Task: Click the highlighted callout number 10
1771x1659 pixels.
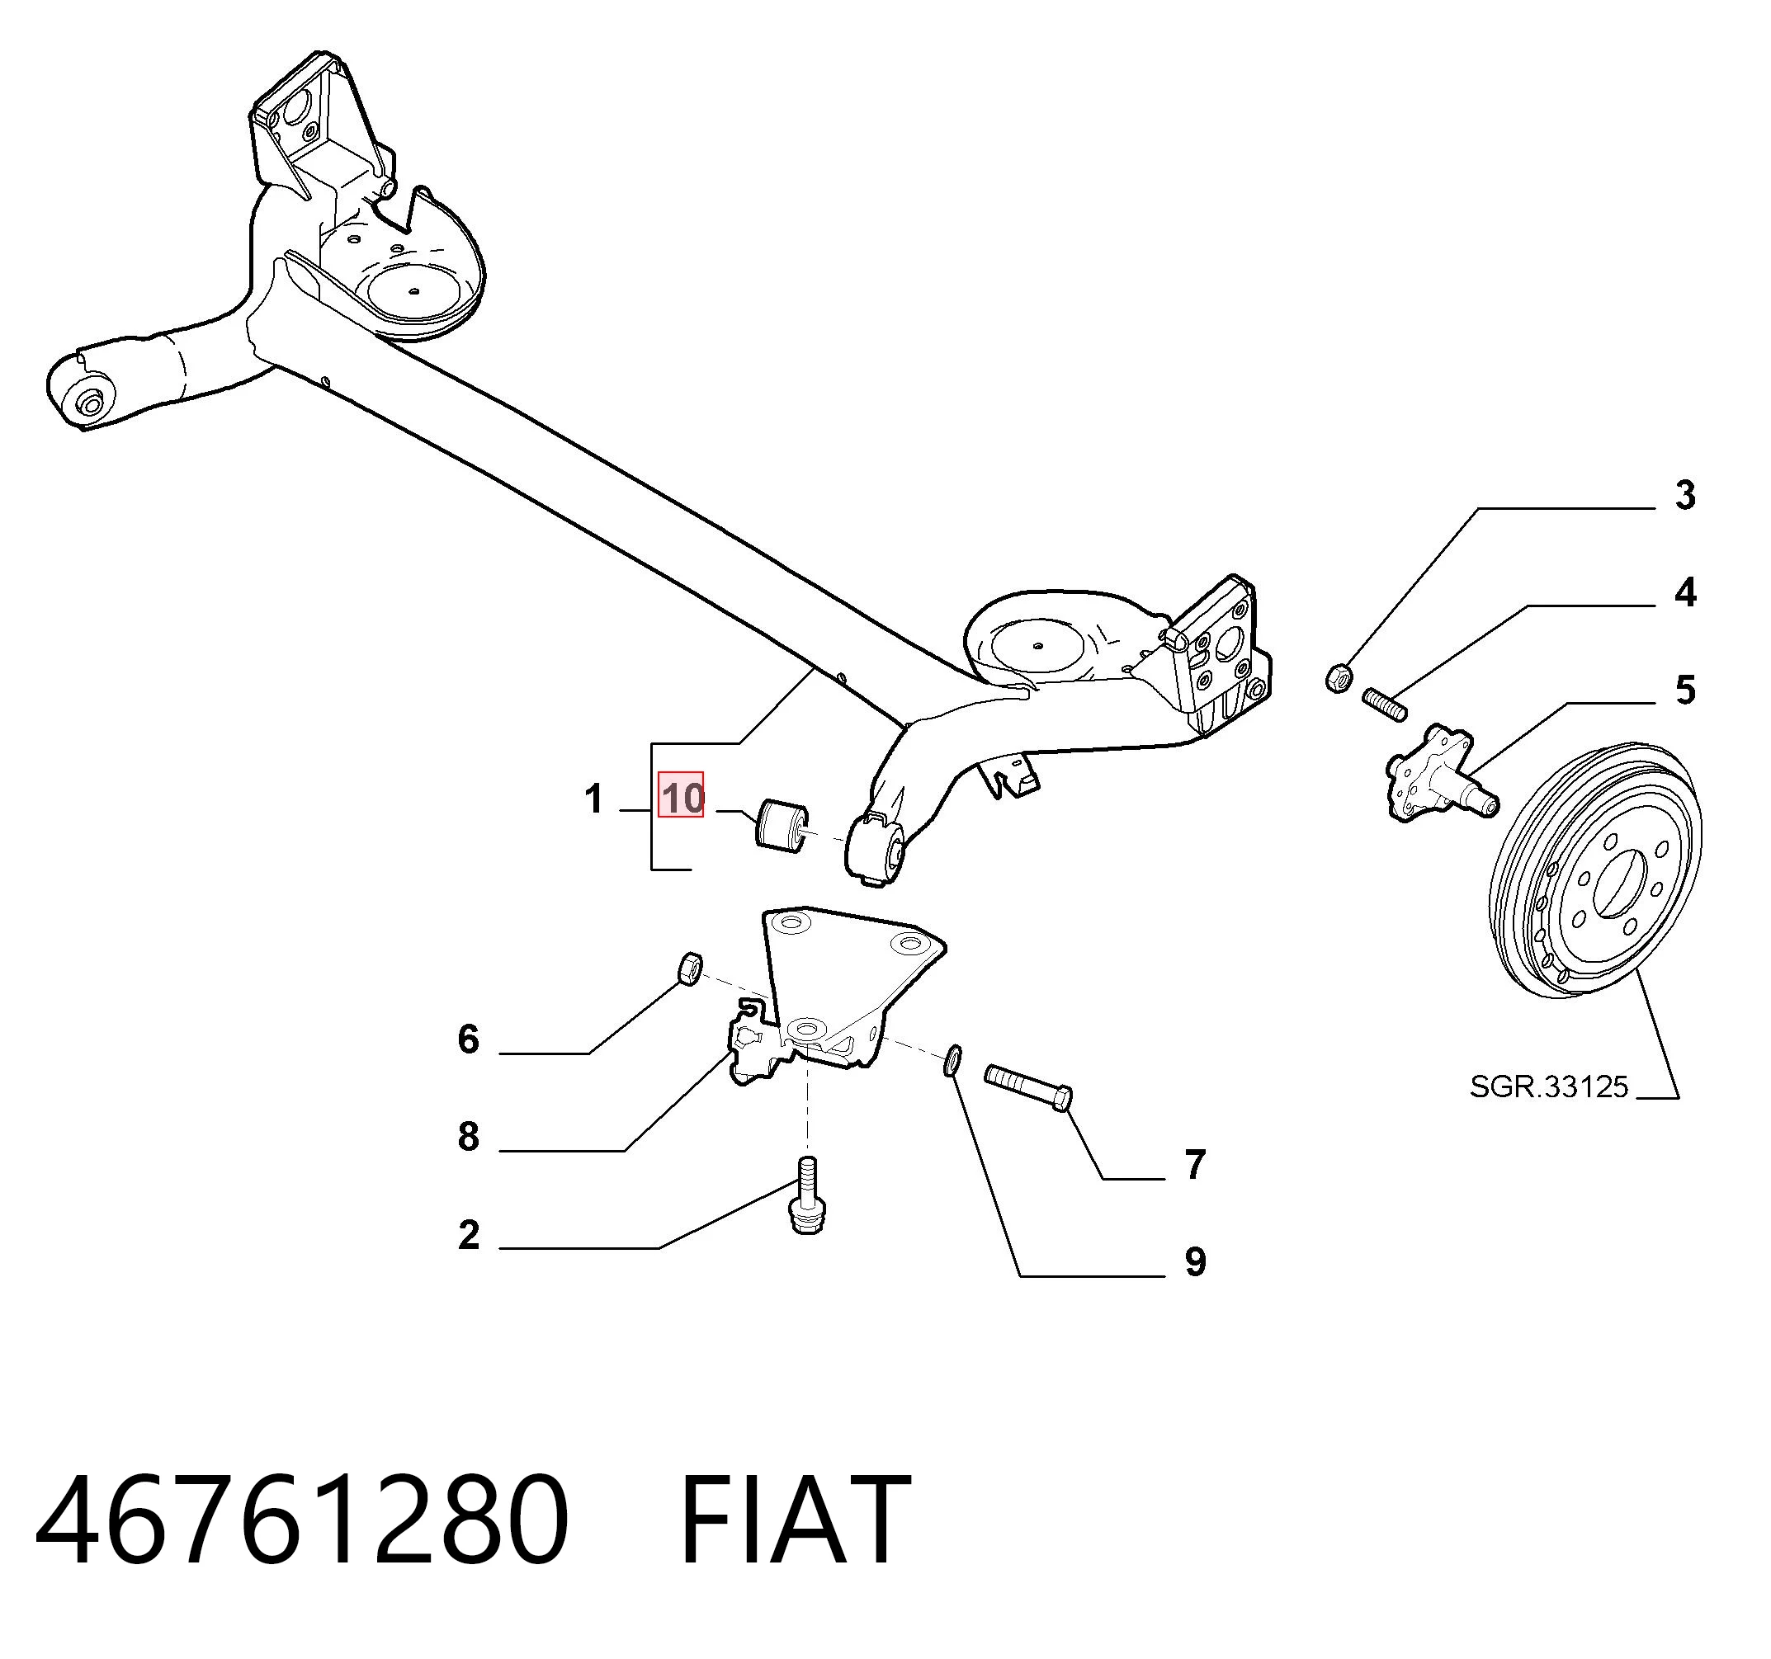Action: point(682,796)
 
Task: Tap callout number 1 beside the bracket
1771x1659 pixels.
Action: point(594,799)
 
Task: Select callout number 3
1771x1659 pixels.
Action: point(1684,495)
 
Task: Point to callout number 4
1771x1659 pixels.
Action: point(1684,592)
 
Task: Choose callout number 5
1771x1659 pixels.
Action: point(1684,690)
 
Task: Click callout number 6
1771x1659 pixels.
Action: point(469,1039)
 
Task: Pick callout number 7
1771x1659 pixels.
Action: point(1195,1164)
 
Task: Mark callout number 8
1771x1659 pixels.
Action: point(469,1136)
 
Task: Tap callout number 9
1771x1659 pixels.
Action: point(1195,1262)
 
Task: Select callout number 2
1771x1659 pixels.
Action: point(469,1234)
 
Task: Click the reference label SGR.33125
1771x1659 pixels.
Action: point(1549,1086)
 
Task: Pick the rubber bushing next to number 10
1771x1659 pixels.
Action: point(782,825)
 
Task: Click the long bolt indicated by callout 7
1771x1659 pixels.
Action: point(1028,1087)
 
